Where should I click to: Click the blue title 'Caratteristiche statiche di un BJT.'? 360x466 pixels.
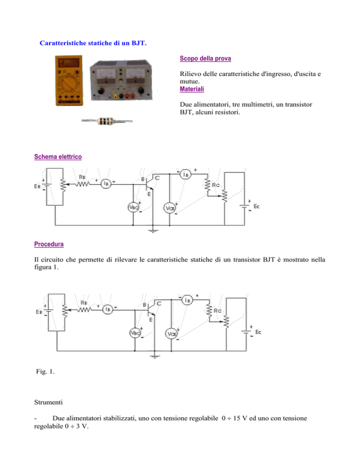(93, 43)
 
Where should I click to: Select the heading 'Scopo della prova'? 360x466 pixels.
(205, 59)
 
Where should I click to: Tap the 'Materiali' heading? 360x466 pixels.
(192, 89)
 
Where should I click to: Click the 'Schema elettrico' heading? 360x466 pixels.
(58, 157)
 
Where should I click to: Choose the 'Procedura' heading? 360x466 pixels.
(49, 244)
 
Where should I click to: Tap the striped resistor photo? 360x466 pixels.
(107, 120)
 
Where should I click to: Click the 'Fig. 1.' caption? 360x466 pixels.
(45, 371)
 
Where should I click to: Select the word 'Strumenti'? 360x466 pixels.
(48, 402)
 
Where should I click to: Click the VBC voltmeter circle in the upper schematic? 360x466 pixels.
(133, 207)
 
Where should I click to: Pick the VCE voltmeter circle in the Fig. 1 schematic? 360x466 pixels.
(171, 334)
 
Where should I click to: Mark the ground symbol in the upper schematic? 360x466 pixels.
(153, 230)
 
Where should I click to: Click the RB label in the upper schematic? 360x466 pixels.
(82, 177)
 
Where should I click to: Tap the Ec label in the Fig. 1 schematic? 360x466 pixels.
(258, 332)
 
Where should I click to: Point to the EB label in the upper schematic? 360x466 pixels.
(37, 186)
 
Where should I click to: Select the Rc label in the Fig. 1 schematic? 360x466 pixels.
(217, 310)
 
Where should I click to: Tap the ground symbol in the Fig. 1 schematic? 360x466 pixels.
(155, 356)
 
